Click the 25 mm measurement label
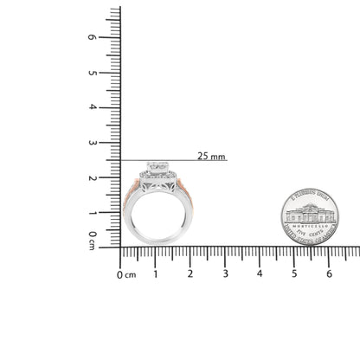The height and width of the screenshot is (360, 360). [211, 157]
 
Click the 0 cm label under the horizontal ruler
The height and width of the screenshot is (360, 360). [126, 274]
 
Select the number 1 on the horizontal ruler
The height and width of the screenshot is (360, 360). [155, 274]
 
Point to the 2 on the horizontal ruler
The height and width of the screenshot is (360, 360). [190, 274]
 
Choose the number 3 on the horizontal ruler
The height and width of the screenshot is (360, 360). [225, 274]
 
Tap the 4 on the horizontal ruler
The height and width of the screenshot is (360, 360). [259, 274]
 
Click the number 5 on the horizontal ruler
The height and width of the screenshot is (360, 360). [293, 274]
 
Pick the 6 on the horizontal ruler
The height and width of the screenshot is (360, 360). [328, 274]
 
